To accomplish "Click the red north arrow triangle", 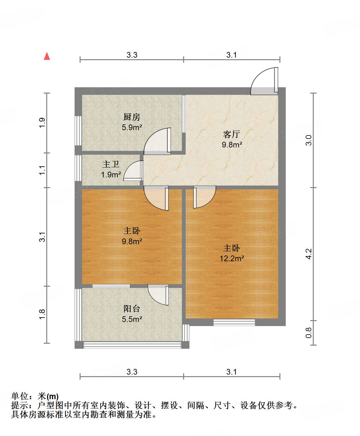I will click(x=47, y=56).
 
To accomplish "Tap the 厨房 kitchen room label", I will click(x=132, y=117).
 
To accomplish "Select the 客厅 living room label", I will click(x=232, y=134).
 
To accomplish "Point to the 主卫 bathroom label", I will click(x=111, y=164).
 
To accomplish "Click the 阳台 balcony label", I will click(x=132, y=309).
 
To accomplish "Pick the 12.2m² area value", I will click(x=232, y=259).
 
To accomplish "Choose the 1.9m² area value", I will click(x=111, y=175).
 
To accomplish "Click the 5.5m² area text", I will click(x=132, y=319).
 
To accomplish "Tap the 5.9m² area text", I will click(x=132, y=128).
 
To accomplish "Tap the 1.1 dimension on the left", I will click(x=42, y=170).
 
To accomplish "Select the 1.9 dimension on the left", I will click(x=42, y=123).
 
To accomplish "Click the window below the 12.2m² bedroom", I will click(x=234, y=322).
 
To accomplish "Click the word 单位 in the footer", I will click(x=20, y=396).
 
